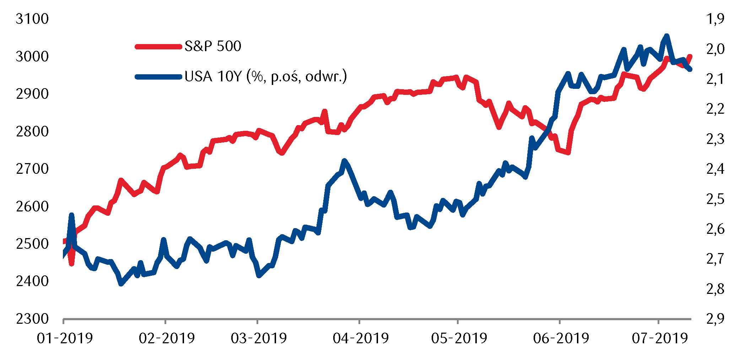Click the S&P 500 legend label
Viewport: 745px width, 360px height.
tap(213, 46)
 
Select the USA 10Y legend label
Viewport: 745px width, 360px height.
tap(265, 76)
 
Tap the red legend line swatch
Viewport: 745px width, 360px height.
tap(158, 47)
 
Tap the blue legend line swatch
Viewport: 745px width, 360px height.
tap(158, 77)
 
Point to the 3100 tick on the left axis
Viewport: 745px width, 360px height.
tap(32, 19)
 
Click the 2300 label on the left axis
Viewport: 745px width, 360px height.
tap(32, 319)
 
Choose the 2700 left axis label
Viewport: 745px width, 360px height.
tap(32, 169)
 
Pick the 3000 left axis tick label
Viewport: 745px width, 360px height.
tap(32, 57)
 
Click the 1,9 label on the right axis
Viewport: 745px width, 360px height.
tap(715, 19)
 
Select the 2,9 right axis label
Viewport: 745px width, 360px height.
tap(715, 319)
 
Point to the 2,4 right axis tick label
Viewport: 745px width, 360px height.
tap(715, 169)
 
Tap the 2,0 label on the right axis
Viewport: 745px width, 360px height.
tap(715, 49)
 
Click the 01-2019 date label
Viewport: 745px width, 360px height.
tap(65, 338)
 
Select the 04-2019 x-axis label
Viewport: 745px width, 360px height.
tap(361, 338)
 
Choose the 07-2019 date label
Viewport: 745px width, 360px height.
tap(660, 338)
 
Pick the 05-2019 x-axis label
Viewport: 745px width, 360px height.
tap(459, 338)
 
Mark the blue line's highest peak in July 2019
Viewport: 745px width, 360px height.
tap(666, 36)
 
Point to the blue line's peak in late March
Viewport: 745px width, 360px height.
tap(344, 161)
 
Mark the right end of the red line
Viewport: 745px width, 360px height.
tap(690, 56)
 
